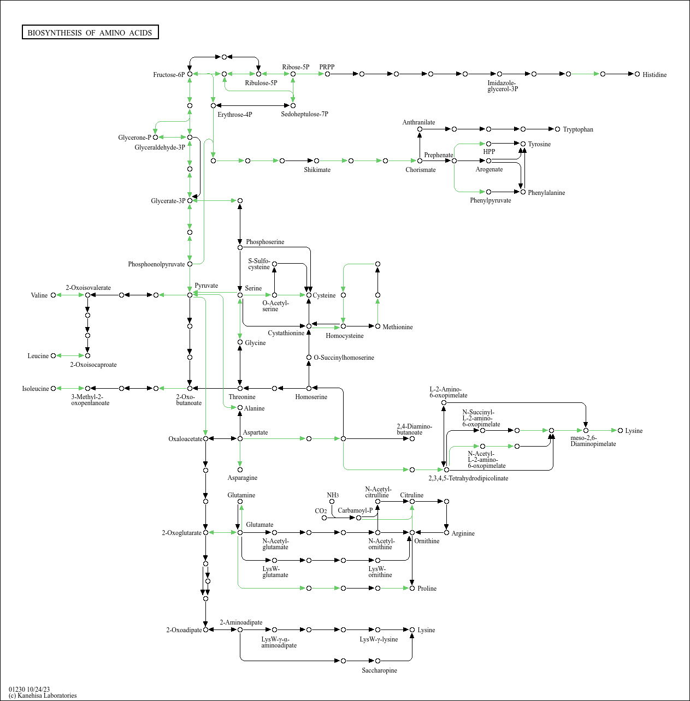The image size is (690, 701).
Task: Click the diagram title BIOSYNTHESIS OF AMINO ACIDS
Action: (x=90, y=33)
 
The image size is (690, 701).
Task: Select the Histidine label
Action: (x=654, y=75)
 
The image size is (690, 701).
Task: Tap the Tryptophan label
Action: (x=578, y=129)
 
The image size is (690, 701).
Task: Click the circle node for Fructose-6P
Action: (x=190, y=74)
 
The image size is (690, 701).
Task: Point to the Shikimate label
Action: (x=317, y=170)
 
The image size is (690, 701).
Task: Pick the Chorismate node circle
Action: (x=420, y=161)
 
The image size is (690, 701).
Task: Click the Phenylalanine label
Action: (x=546, y=193)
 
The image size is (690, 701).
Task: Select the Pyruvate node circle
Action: (x=190, y=295)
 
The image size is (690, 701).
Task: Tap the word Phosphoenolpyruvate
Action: (x=156, y=264)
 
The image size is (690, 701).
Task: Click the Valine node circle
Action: (x=53, y=295)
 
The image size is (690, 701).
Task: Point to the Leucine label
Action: (x=38, y=356)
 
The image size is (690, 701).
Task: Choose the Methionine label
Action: (x=398, y=327)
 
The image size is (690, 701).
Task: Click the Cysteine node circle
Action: (x=309, y=295)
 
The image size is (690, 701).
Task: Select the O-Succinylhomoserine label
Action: (x=344, y=358)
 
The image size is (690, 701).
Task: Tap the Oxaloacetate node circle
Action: (x=206, y=439)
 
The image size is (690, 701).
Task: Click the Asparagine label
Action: (x=243, y=478)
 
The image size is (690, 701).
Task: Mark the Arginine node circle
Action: (x=446, y=532)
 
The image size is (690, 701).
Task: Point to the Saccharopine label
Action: (x=379, y=670)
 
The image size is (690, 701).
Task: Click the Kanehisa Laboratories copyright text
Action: (x=43, y=696)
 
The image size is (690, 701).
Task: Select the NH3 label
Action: (x=333, y=495)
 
